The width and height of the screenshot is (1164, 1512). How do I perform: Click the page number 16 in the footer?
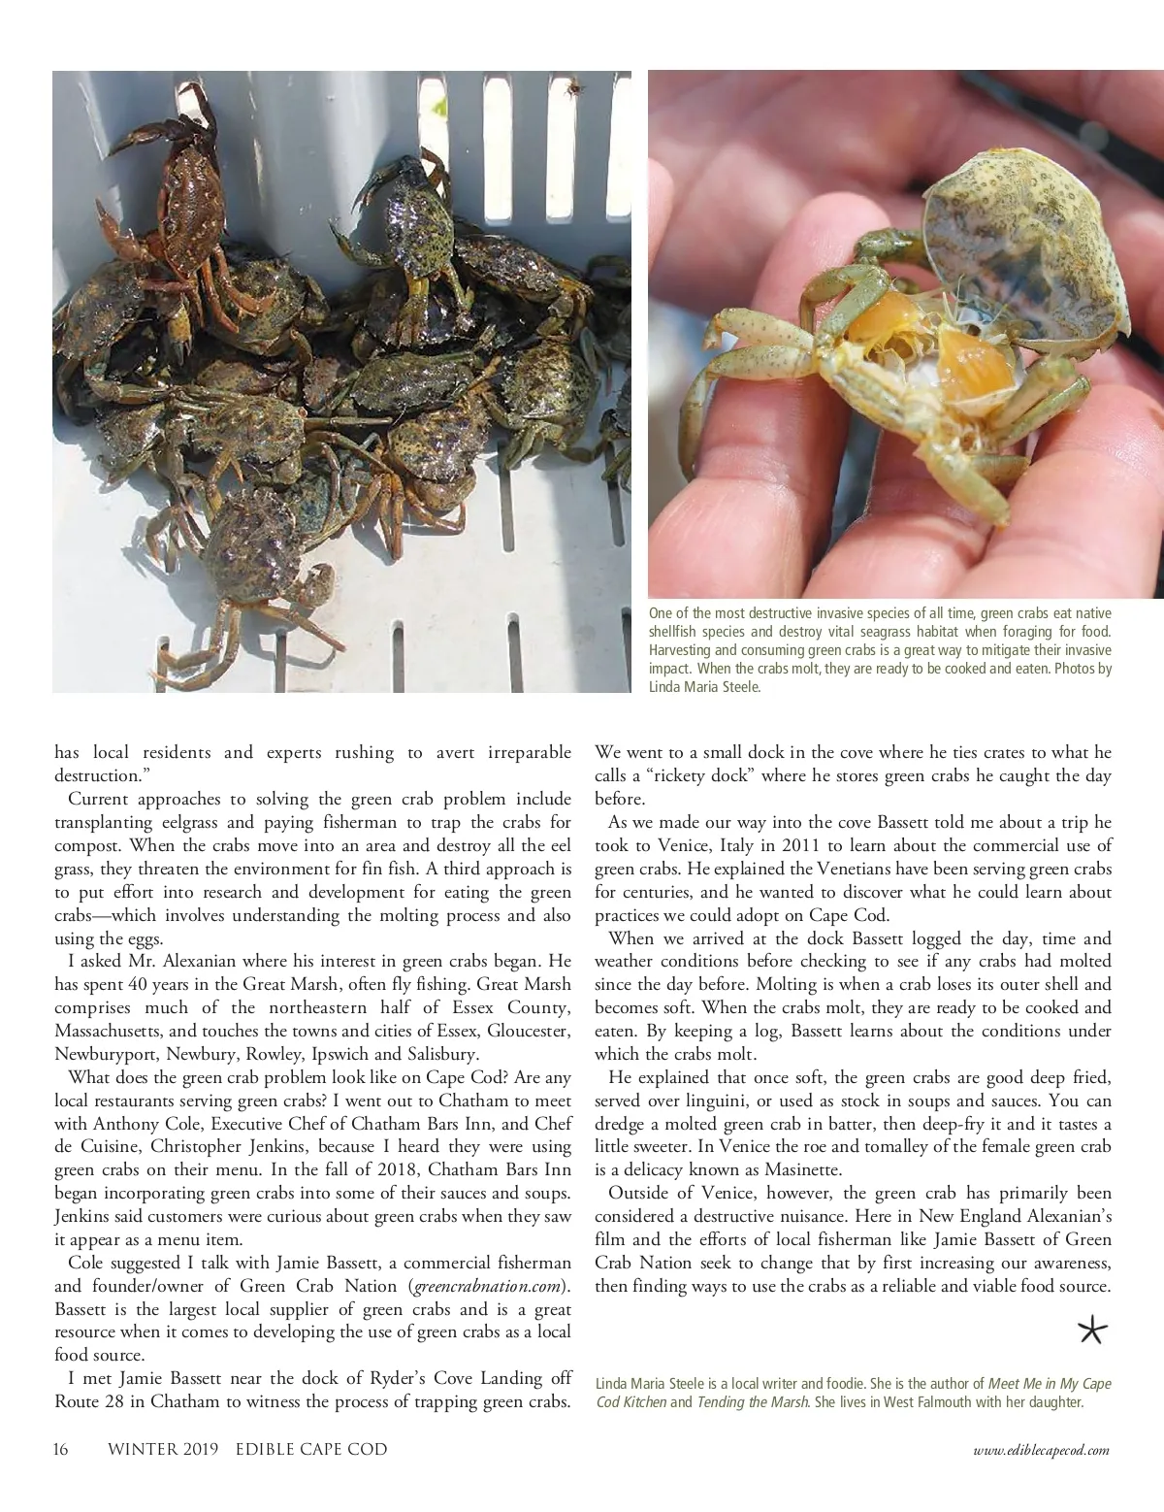point(60,1450)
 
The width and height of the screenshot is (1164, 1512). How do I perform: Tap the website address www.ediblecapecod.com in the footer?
point(1040,1450)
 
